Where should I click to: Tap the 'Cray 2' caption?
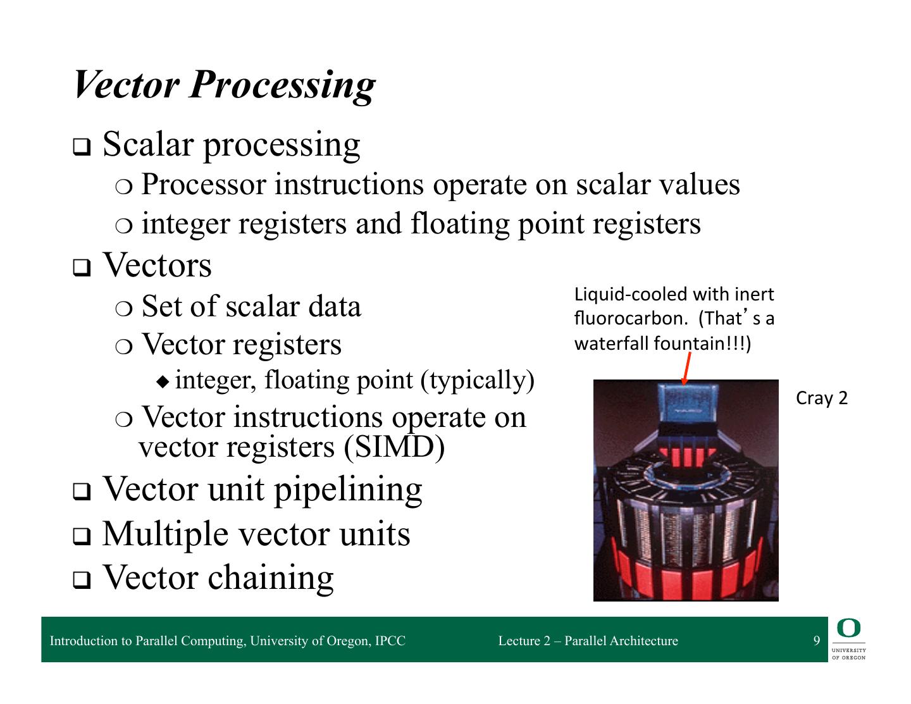[821, 398]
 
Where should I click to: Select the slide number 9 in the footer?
[817, 641]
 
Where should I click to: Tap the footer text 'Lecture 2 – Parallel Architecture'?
[588, 641]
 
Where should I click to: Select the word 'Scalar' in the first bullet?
[147, 144]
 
